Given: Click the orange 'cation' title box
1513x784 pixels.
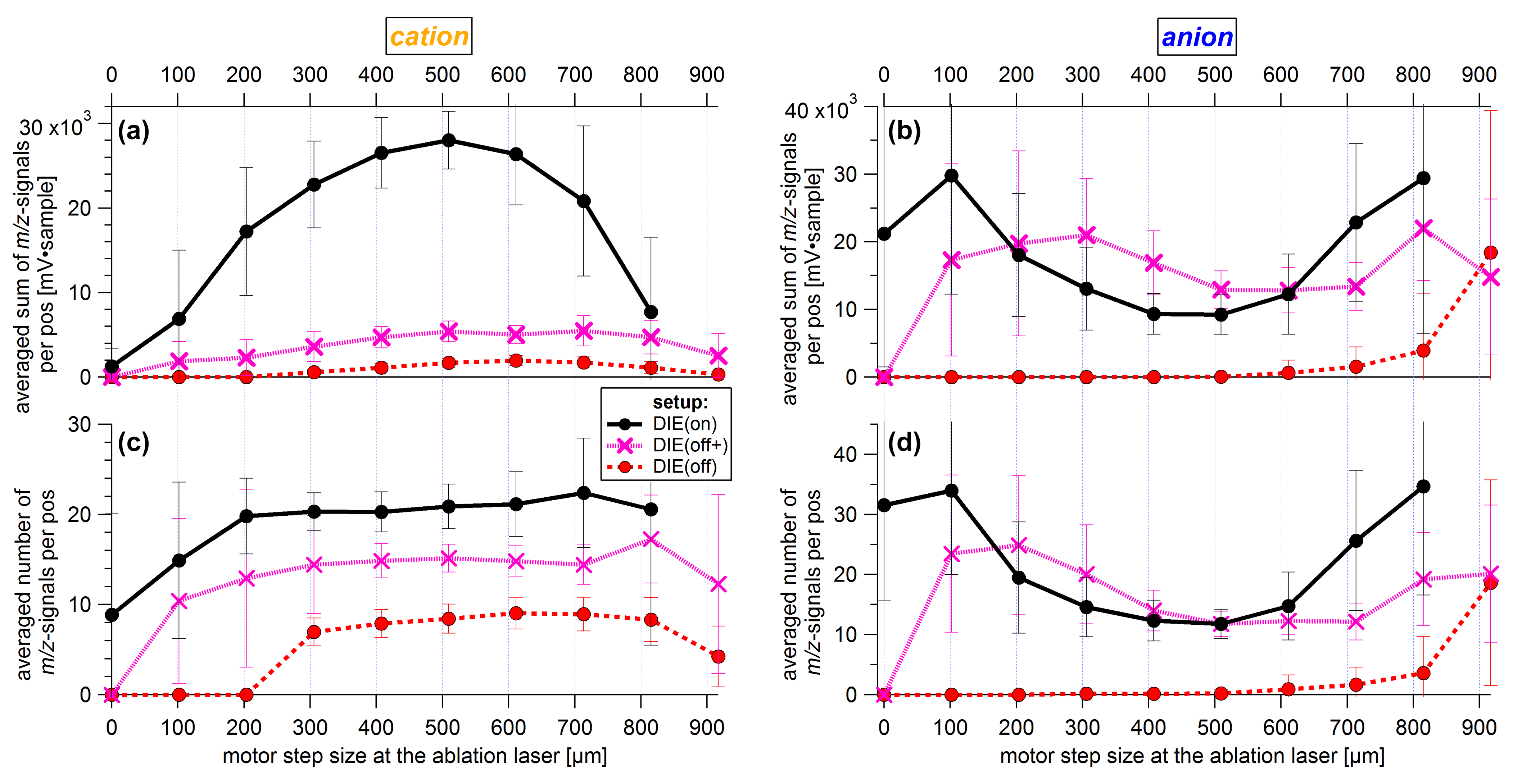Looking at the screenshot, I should [429, 36].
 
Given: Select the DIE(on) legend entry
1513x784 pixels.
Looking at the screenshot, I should [684, 423].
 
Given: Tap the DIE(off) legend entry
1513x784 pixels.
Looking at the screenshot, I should [684, 467].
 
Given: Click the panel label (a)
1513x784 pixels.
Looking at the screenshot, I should [134, 131].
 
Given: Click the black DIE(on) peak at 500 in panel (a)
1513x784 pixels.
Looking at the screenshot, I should [449, 140].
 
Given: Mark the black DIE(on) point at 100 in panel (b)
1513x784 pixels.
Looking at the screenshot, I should [951, 176].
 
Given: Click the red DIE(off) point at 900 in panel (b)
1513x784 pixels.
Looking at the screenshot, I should [1490, 252].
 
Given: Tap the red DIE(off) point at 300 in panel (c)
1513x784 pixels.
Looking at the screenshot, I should [314, 632].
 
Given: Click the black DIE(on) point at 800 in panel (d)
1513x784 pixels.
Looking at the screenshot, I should [1423, 486].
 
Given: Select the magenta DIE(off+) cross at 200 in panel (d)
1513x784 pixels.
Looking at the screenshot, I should [1019, 545].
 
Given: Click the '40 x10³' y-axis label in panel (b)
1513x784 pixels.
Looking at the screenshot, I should [819, 109].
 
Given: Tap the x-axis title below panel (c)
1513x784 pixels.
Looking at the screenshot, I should [415, 756].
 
